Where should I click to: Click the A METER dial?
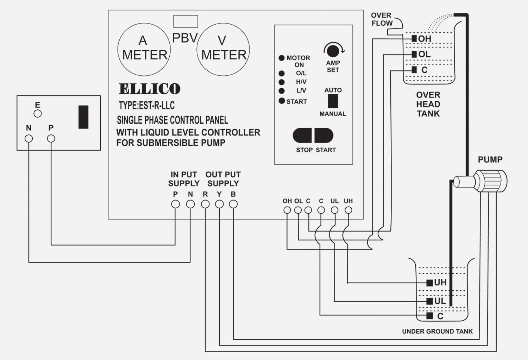(144, 49)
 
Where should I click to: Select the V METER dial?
(223, 49)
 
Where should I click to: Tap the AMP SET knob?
(333, 51)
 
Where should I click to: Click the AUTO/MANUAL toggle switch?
(333, 101)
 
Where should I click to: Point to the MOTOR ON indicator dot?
(282, 58)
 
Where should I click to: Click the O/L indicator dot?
(282, 74)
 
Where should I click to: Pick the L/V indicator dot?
(282, 91)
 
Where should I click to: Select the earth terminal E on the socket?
(37, 113)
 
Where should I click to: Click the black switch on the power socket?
(83, 117)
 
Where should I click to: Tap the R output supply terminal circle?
(205, 204)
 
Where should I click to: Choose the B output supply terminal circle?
(233, 204)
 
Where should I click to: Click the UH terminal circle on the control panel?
(348, 210)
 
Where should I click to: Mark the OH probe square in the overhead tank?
(414, 38)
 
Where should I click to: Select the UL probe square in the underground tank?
(429, 301)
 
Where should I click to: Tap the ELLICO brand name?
(150, 89)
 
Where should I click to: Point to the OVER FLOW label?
(382, 19)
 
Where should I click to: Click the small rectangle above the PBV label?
(186, 21)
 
